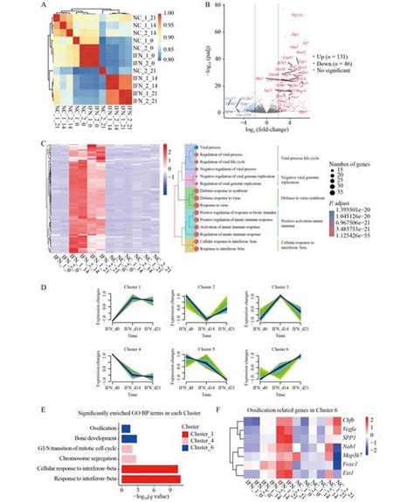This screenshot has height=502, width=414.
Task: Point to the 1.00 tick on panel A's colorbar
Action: click(x=194, y=14)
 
